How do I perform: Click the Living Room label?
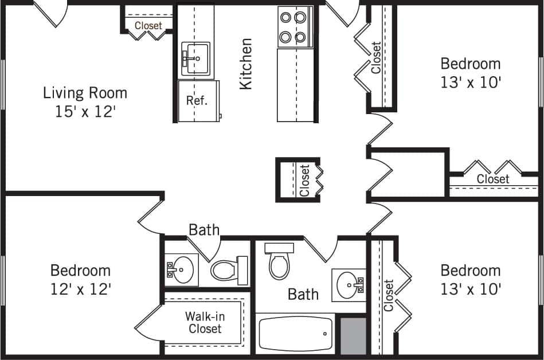pos(85,93)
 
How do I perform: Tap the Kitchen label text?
pos(246,64)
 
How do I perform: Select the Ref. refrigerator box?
pos(197,101)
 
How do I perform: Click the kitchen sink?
pos(196,59)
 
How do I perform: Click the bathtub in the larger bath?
pos(296,333)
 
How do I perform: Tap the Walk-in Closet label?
pos(204,322)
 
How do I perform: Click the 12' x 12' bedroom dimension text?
pos(80,288)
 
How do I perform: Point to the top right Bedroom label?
pos(470,64)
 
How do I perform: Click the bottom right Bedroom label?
pos(470,270)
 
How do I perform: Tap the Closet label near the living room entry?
pos(148,26)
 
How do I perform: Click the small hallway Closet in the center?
pos(305,180)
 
